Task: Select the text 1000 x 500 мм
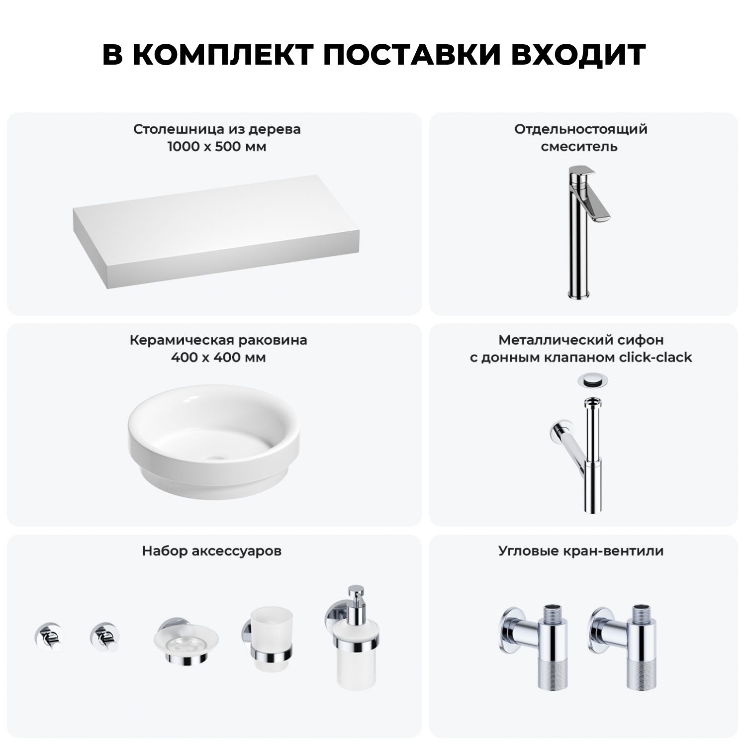pos(217,147)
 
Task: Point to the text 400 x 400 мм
pos(218,358)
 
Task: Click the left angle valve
pos(532,646)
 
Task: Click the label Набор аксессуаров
pos(212,551)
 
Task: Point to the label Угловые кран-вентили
pos(581,551)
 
